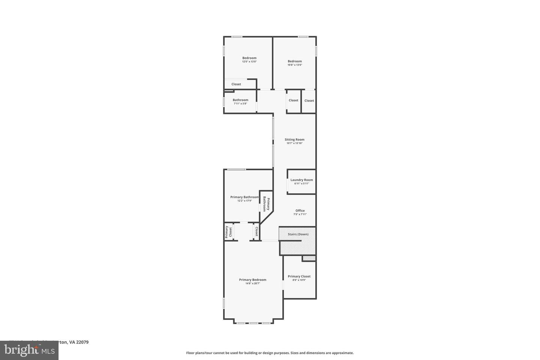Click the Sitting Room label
(x=294, y=139)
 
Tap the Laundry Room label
(x=301, y=180)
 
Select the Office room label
(x=300, y=211)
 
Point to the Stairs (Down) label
(x=298, y=234)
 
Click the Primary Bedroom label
(x=253, y=280)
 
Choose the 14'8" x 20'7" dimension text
(x=253, y=283)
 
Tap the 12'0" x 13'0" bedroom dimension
(x=249, y=61)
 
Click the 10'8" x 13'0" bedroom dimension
(x=295, y=65)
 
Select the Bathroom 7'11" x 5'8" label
(x=240, y=100)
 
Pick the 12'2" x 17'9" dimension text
(x=244, y=201)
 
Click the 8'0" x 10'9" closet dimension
(x=299, y=280)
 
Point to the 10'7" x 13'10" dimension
(x=294, y=143)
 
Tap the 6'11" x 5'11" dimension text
(x=301, y=184)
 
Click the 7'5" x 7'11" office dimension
(x=300, y=214)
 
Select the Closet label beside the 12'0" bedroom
(x=236, y=84)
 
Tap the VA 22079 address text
(x=79, y=342)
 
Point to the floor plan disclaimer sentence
(x=270, y=353)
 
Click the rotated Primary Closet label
(x=228, y=232)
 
